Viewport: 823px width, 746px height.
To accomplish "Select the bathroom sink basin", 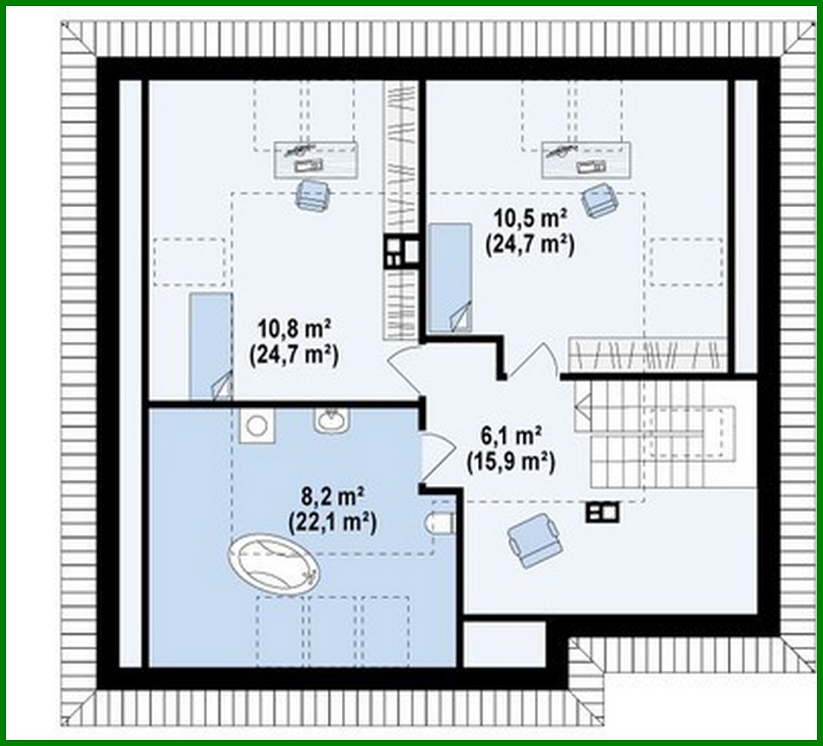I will pos(331,421).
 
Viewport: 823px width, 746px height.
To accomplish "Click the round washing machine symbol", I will pos(256,426).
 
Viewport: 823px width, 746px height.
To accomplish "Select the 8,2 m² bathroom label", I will pos(332,497).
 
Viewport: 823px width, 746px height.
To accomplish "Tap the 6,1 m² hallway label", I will pos(510,435).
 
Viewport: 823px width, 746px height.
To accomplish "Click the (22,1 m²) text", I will pos(332,522).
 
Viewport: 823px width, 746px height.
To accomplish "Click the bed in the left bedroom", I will pos(210,347).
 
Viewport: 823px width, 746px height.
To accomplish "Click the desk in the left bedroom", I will pos(315,160).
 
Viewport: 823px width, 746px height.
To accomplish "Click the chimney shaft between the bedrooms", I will pos(402,251).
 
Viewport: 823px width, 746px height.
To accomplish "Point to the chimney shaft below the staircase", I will pos(602,511).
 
